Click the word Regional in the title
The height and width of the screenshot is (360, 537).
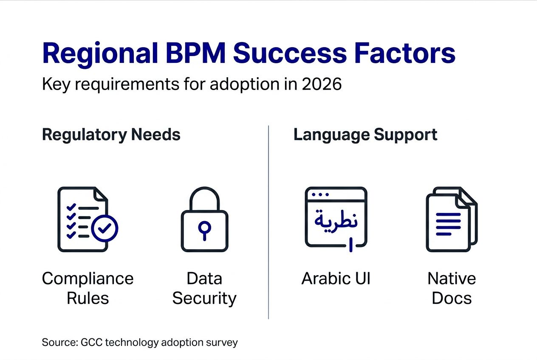tap(99, 53)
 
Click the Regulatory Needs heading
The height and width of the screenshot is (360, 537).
tap(111, 135)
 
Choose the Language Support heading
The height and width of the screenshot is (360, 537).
tap(365, 135)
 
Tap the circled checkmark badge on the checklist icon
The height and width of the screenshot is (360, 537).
tap(105, 229)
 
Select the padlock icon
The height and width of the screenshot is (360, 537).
tap(204, 219)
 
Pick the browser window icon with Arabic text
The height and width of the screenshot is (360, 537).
tap(336, 217)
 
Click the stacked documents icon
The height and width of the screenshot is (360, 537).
tap(452, 219)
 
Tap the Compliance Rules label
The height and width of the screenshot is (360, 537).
tap(88, 288)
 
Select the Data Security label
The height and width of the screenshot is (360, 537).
tap(204, 288)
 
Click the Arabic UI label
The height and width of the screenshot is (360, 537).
tap(336, 279)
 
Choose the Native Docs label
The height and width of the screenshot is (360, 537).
tap(452, 288)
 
